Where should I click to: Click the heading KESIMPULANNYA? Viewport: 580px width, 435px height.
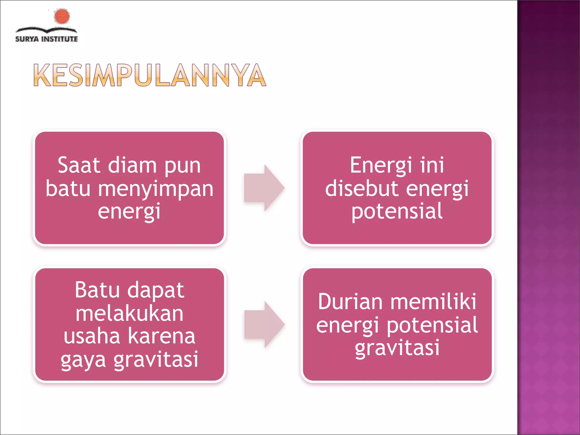150,75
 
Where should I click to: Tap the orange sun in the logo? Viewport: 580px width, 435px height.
62,16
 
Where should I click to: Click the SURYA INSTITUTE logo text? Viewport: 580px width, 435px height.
46,39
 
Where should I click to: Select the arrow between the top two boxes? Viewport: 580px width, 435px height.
264,188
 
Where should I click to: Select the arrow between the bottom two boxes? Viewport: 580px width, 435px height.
264,325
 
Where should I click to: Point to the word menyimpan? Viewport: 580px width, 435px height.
155,189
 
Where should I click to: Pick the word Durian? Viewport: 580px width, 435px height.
350,302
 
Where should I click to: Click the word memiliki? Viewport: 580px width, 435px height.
433,302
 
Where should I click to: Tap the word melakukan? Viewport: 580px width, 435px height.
129,314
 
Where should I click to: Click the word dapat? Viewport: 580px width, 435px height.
156,291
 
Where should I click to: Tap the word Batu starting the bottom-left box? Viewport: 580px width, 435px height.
97,290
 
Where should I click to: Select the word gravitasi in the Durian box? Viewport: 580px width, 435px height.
397,348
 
